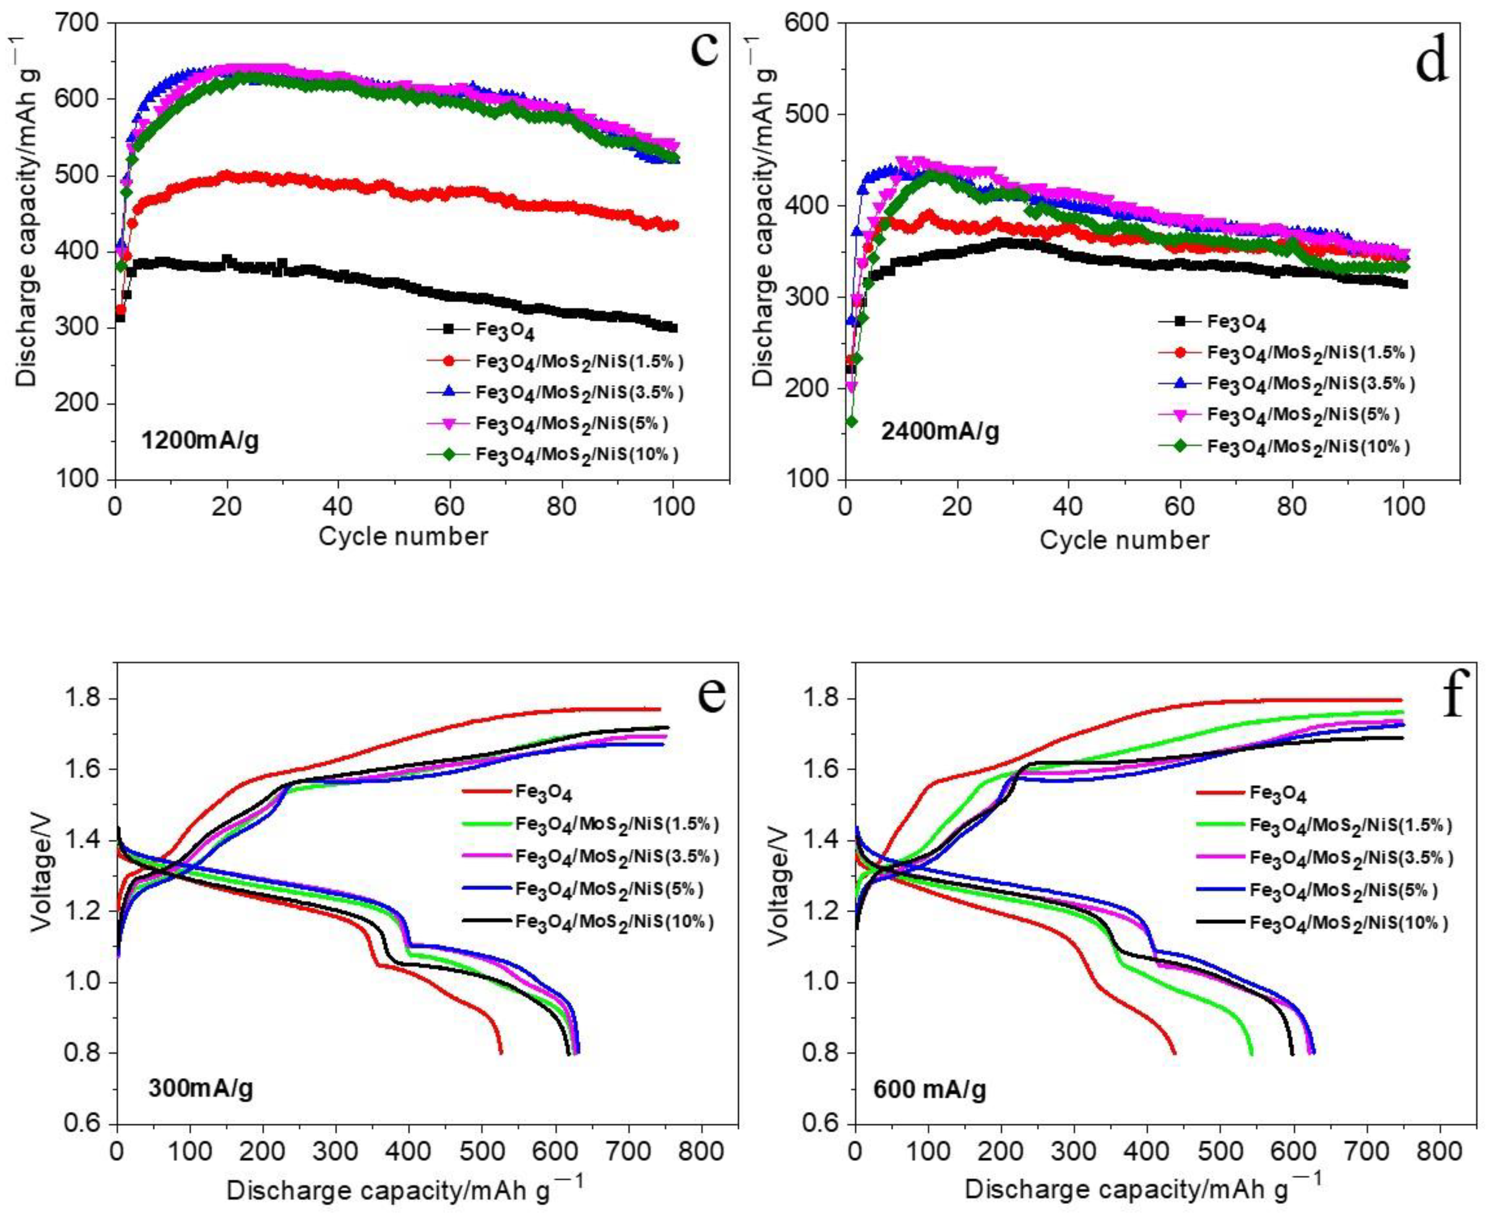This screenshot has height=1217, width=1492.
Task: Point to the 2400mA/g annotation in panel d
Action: click(939, 431)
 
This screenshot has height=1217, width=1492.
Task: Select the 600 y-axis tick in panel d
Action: click(812, 23)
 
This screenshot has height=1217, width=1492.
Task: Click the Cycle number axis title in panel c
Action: click(403, 536)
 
